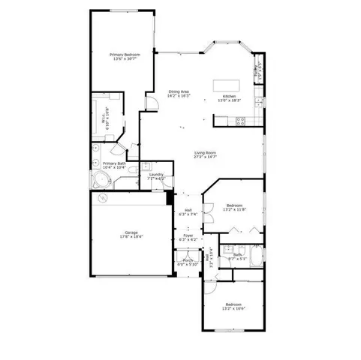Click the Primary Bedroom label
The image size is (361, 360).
tap(124, 54)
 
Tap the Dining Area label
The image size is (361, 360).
tap(179, 91)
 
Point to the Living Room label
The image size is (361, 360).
tap(205, 153)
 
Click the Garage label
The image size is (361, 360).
tap(131, 232)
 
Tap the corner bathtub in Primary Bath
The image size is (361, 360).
tap(101, 179)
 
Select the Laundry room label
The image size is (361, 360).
tap(155, 175)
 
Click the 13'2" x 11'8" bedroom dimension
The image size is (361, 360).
tap(235, 209)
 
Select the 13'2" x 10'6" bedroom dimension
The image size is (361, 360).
tap(235, 309)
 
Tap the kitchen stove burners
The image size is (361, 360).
tap(258, 109)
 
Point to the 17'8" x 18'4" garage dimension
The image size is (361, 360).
tap(131, 237)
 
